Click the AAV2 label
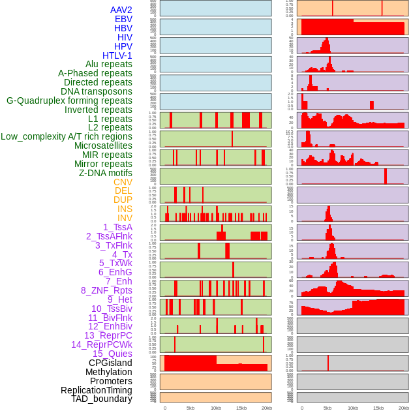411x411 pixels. [x=121, y=10]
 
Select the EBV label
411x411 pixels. [x=123, y=19]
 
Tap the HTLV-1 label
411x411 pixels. [x=117, y=55]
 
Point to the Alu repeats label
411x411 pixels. [x=108, y=64]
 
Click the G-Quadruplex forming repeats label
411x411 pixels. [x=69, y=100]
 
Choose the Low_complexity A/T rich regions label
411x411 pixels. [x=67, y=136]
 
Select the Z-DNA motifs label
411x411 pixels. [x=105, y=173]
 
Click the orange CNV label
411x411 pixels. [x=123, y=182]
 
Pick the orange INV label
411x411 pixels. [x=124, y=218]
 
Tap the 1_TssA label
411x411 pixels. [x=117, y=227]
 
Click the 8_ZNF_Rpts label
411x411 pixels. [x=106, y=290]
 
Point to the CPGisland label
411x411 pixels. [x=110, y=363]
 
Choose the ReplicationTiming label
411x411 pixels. [x=96, y=390]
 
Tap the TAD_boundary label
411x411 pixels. [x=101, y=399]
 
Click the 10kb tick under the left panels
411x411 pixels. [x=216, y=408]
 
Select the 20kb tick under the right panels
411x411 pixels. [x=404, y=408]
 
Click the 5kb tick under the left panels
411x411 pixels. [x=190, y=408]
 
